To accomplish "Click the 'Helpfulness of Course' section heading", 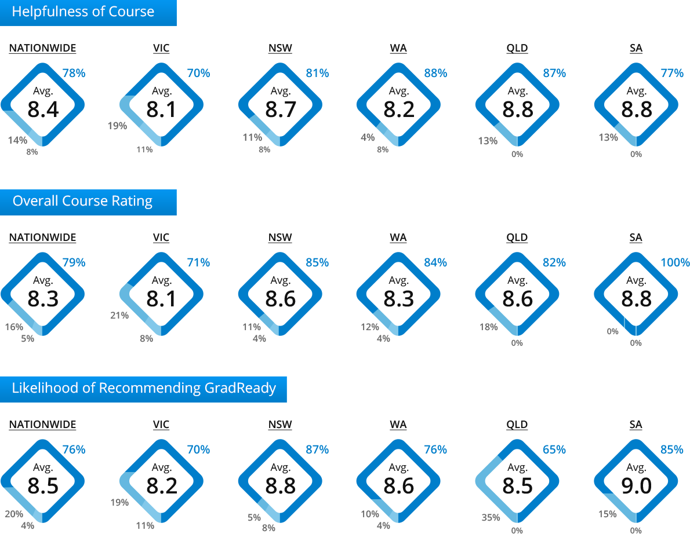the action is pyautogui.click(x=83, y=12).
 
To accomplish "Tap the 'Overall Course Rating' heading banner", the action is pyautogui.click(x=88, y=202).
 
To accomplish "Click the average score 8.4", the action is pyautogui.click(x=43, y=109).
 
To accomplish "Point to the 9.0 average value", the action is pyautogui.click(x=636, y=486).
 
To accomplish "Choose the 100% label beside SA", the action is pyautogui.click(x=675, y=262).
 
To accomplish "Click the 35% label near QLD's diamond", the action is pyautogui.click(x=491, y=517).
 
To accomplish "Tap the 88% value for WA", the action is pyautogui.click(x=435, y=73).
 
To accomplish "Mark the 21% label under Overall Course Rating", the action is pyautogui.click(x=119, y=315).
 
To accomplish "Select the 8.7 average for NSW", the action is pyautogui.click(x=280, y=109).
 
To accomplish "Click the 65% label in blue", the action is pyautogui.click(x=554, y=449).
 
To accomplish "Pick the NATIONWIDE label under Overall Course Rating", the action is pyautogui.click(x=43, y=237).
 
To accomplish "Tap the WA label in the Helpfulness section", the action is pyautogui.click(x=398, y=48).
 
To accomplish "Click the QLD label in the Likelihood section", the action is pyautogui.click(x=517, y=425).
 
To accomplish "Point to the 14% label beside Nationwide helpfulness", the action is pyautogui.click(x=17, y=140).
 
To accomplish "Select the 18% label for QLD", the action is pyautogui.click(x=488, y=327).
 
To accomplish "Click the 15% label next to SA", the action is pyautogui.click(x=607, y=514).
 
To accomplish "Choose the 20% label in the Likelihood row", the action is pyautogui.click(x=14, y=514).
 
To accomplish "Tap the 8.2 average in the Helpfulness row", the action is pyautogui.click(x=399, y=109).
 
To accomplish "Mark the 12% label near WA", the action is pyautogui.click(x=370, y=327).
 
